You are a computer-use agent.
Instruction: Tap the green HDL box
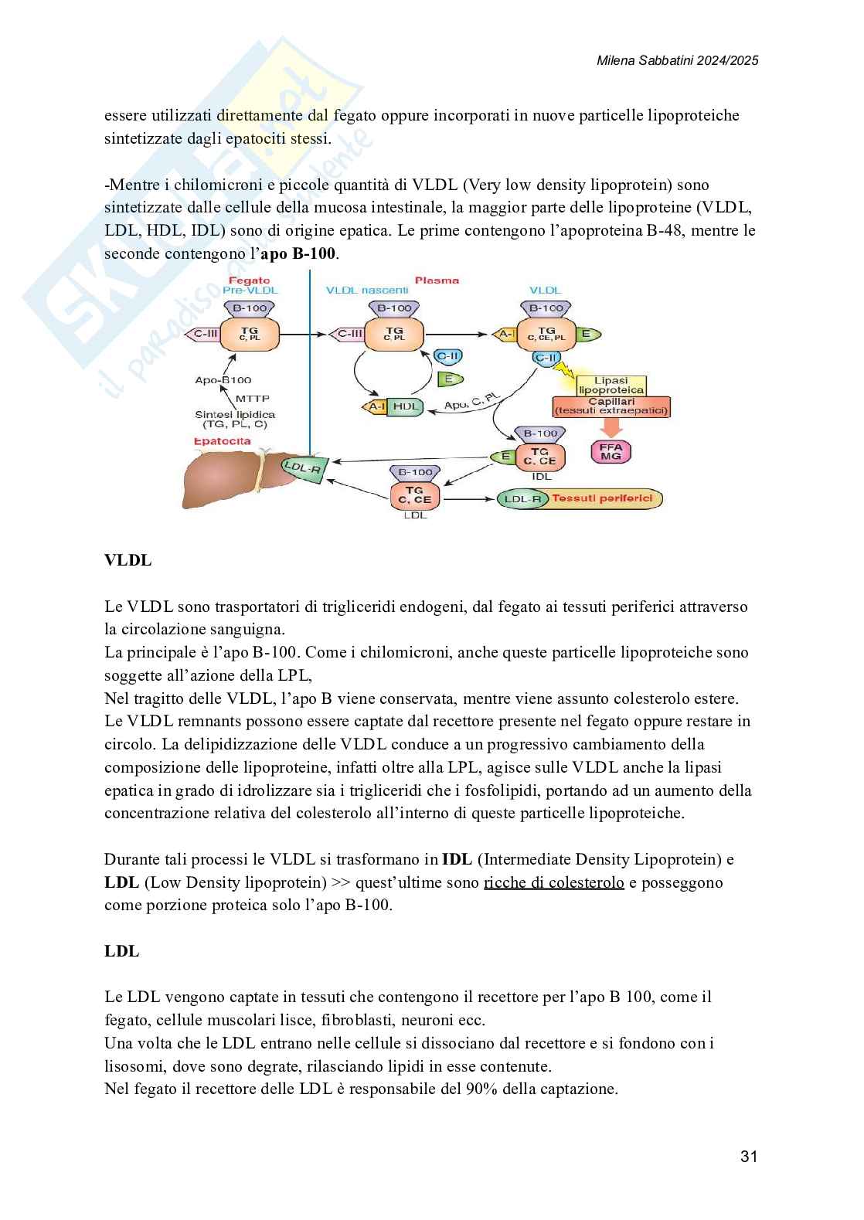coord(404,406)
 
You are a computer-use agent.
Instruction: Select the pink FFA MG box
coord(611,451)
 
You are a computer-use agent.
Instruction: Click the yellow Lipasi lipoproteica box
coord(611,385)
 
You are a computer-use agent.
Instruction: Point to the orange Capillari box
coord(611,406)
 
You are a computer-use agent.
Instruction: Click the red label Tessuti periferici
coord(602,498)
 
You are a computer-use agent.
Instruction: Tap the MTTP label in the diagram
coord(251,398)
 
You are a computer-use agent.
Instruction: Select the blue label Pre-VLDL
coord(250,291)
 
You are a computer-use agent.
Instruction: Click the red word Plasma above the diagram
coord(437,280)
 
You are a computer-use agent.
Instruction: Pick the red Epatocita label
coord(222,441)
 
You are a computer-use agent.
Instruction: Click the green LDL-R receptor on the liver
coord(303,467)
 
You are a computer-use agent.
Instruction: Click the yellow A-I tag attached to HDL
coord(376,406)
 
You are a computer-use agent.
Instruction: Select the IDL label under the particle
coord(542,477)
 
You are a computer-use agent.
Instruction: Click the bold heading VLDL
coord(128,560)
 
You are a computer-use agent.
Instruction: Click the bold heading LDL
coord(122,951)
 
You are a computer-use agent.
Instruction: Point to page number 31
coord(748,1156)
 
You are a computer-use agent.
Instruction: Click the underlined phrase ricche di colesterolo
coord(553,882)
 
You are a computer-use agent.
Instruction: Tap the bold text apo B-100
coord(298,253)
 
